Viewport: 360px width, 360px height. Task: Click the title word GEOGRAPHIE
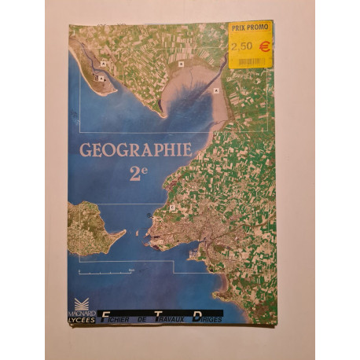click(x=135, y=150)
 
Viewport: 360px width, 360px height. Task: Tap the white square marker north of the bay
click(x=181, y=64)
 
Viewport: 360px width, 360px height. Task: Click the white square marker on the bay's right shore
click(x=216, y=90)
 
